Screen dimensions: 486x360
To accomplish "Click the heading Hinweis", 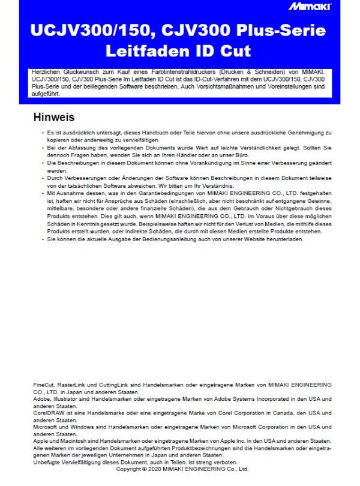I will coord(54,117).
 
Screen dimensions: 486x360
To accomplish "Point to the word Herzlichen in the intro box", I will coord(46,72).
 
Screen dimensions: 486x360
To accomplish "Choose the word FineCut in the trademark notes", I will coord(44,383).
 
